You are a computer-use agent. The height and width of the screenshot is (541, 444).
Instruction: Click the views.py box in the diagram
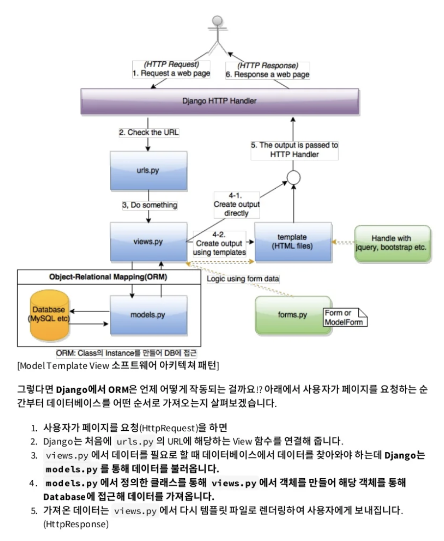point(148,242)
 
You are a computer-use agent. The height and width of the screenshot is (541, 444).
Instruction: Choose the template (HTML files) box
point(292,241)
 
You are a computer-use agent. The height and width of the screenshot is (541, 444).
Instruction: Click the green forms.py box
point(293,314)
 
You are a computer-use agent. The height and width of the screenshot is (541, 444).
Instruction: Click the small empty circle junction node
point(293,177)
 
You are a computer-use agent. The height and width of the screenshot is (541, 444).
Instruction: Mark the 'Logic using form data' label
point(243,279)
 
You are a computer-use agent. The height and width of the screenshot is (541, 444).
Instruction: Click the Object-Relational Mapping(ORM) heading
point(108,276)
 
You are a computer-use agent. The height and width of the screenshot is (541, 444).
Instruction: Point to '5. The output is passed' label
point(295,149)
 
